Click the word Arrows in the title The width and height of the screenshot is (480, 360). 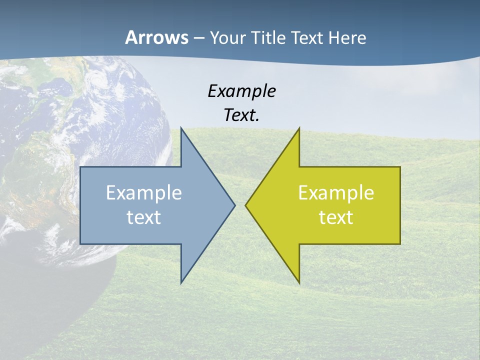click(156, 37)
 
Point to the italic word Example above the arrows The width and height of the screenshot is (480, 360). click(241, 91)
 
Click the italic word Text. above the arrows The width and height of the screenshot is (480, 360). click(241, 115)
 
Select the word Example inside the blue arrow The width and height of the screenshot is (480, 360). click(144, 192)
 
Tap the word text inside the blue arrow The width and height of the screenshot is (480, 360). click(144, 217)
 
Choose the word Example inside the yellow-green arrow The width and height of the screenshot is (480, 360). click(336, 192)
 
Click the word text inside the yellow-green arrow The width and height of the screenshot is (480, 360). click(336, 217)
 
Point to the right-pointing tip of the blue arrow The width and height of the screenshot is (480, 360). click(235, 205)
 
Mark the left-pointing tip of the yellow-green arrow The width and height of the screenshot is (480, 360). click(245, 205)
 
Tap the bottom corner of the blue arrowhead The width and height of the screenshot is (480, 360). click(181, 283)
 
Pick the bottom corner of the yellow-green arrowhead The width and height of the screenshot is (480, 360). click(299, 283)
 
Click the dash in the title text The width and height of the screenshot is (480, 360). click(198, 38)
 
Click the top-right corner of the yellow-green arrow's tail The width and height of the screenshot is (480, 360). click(400, 167)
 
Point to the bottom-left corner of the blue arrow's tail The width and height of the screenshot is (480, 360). click(80, 243)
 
